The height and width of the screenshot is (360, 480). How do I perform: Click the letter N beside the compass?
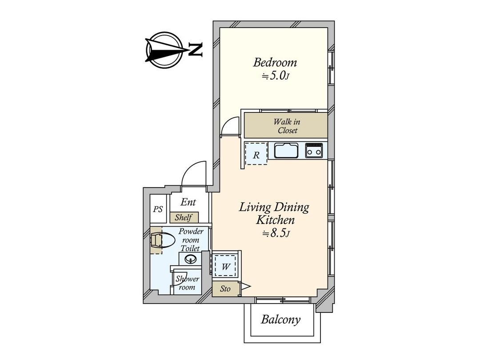[195, 50]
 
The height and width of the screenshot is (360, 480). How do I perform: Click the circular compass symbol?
[165, 50]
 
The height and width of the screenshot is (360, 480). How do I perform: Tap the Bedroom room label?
[275, 62]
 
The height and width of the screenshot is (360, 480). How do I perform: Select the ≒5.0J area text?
[275, 76]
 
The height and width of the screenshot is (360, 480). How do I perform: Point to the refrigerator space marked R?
[256, 155]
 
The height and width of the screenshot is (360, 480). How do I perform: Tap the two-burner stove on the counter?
[316, 151]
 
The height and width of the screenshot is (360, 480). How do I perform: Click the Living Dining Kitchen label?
[274, 213]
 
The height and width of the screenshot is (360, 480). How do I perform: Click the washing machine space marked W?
[226, 267]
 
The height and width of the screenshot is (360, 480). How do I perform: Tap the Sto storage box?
[226, 289]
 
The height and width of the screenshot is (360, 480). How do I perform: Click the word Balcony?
[280, 319]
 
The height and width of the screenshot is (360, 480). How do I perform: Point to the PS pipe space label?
[158, 209]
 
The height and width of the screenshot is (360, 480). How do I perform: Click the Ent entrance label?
[188, 202]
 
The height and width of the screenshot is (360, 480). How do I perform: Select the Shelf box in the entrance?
[183, 217]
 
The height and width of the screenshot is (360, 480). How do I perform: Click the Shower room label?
[187, 283]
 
